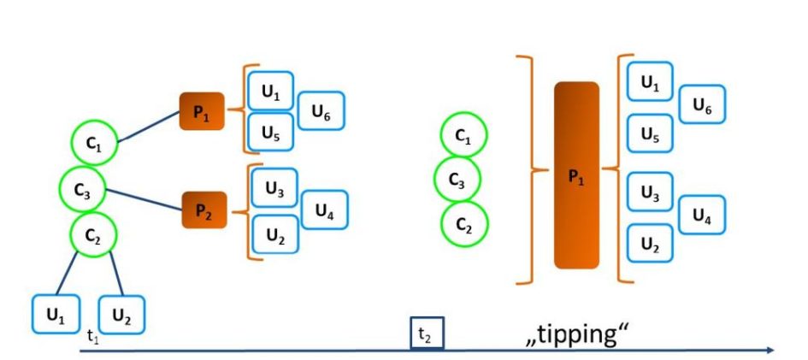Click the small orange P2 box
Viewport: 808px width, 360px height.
(204, 211)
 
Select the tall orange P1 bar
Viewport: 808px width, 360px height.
(576, 175)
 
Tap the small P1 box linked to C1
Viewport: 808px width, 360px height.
(202, 111)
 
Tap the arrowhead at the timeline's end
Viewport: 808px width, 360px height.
(771, 350)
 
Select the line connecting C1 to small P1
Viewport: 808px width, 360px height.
(148, 129)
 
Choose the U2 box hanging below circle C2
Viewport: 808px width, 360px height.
(122, 315)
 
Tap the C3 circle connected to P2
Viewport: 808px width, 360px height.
(83, 190)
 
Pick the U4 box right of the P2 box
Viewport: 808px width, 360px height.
(324, 209)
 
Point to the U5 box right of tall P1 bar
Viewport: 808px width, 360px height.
(650, 133)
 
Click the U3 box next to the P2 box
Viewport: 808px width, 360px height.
(274, 190)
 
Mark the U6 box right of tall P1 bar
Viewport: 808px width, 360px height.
(702, 105)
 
